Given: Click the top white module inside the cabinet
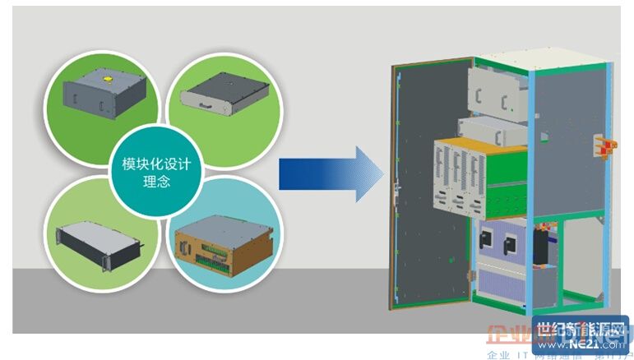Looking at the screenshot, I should (x=497, y=87).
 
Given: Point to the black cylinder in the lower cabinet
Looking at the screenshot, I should (x=541, y=247).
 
